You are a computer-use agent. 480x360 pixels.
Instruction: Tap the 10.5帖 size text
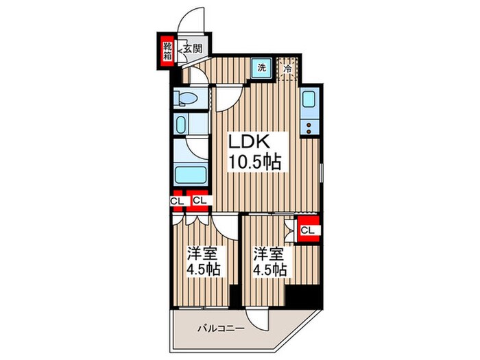pos(254,162)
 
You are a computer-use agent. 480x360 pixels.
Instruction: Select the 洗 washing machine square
pos(262,68)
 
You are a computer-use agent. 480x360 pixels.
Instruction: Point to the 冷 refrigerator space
pos(287,69)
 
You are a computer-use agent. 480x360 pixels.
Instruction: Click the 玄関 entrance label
pos(193,49)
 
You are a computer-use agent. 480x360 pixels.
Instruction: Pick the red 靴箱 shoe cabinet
pos(167,51)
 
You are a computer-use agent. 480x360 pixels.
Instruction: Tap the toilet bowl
pos(187,98)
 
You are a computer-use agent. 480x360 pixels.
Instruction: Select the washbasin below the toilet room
pos(180,125)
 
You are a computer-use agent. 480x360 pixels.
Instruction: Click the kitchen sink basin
pos(309,99)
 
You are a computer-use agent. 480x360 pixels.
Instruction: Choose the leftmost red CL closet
pos(177,201)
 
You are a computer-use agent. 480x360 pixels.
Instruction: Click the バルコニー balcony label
pos(221,328)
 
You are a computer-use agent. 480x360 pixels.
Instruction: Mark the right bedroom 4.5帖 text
pos(269,269)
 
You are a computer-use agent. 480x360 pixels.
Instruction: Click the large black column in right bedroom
pos(304,295)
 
